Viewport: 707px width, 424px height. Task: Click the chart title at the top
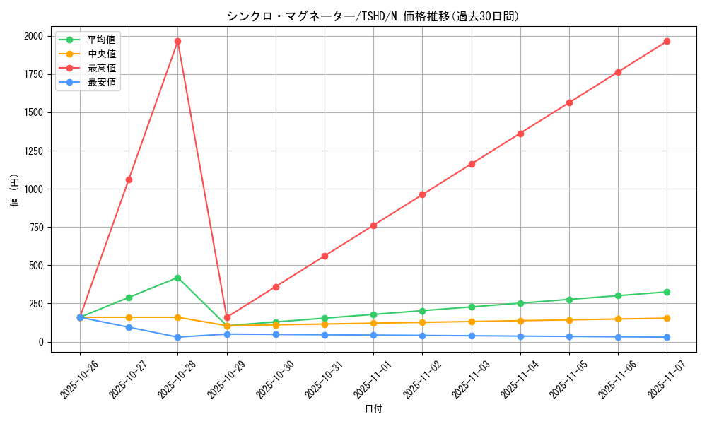click(373, 16)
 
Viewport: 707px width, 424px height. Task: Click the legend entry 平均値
click(101, 40)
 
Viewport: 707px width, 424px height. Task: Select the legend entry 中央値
click(101, 54)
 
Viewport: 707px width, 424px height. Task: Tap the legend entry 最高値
click(101, 68)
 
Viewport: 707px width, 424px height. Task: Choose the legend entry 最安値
click(101, 82)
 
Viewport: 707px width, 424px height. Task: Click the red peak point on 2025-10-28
click(177, 41)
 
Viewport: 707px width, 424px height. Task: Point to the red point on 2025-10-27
click(129, 179)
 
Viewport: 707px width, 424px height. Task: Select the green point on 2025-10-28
click(177, 278)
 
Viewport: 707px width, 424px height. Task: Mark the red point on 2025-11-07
click(667, 41)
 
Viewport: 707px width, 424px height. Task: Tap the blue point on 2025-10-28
click(177, 337)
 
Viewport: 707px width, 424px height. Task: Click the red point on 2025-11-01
click(373, 225)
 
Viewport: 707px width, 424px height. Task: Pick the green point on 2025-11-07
click(667, 292)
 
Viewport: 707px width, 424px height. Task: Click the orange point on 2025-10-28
click(177, 317)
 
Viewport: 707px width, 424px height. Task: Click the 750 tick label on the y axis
click(35, 228)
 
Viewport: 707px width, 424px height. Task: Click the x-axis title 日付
click(373, 409)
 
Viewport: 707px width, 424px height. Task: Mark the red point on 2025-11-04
click(520, 134)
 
